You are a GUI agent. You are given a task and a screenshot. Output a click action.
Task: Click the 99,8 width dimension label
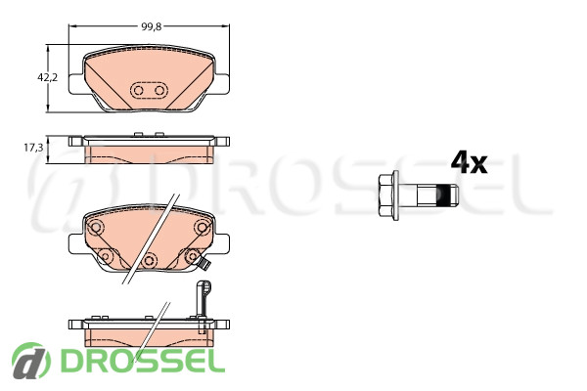[152, 26]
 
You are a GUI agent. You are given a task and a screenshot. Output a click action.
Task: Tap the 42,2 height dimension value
[48, 77]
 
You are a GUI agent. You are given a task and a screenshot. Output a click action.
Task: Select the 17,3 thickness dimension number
[33, 148]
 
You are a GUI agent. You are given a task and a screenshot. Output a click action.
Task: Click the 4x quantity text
[469, 162]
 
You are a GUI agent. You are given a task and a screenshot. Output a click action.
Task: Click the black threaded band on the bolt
[443, 195]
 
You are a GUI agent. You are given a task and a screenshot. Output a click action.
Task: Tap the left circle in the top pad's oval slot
[139, 90]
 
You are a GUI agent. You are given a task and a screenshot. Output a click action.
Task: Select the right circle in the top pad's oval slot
[159, 90]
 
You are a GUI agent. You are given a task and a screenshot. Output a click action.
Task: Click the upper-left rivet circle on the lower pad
[96, 227]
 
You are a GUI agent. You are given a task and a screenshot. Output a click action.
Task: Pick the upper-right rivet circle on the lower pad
[203, 227]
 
